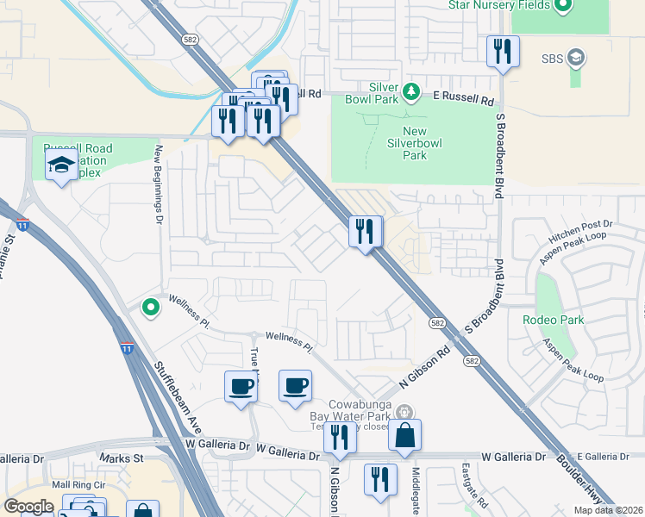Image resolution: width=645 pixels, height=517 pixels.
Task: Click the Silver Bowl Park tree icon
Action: [x=411, y=90]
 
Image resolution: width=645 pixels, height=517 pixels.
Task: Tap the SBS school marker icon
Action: [x=575, y=58]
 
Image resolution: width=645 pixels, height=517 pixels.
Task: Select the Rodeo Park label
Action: [x=553, y=320]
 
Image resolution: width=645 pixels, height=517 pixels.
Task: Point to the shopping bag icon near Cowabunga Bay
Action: [x=404, y=435]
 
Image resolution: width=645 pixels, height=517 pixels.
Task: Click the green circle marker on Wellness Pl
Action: [x=150, y=306]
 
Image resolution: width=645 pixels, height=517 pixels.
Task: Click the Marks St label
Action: [x=121, y=458]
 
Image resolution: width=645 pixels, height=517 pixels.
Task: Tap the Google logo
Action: [x=29, y=507]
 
